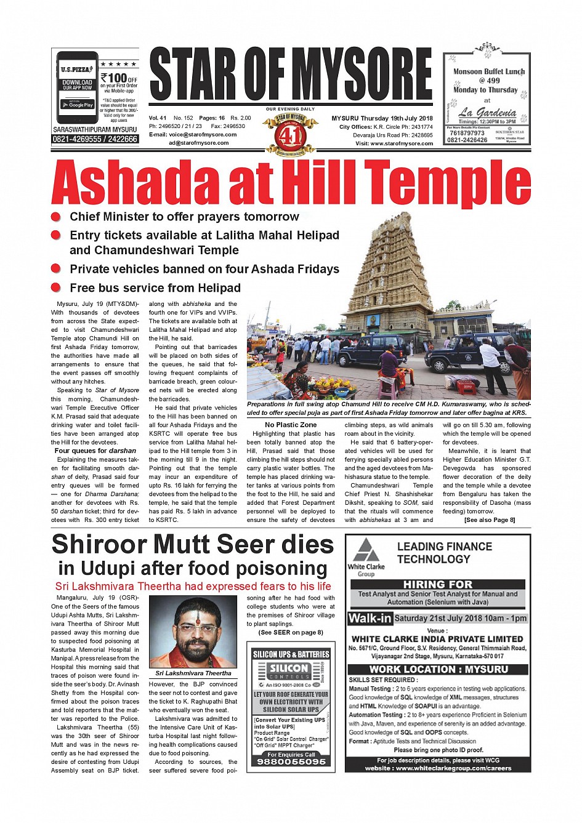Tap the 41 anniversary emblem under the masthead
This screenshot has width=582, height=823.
tap(290, 134)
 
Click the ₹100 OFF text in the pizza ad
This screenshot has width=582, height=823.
tap(118, 78)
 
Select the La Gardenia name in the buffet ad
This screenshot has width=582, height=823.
tap(487, 112)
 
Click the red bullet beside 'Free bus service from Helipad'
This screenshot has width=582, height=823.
tap(56, 287)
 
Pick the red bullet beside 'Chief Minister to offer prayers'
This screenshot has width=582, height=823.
tap(56, 217)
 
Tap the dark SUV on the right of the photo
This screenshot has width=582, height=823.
tap(468, 354)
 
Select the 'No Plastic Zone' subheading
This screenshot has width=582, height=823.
tap(291, 425)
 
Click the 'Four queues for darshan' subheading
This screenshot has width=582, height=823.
tap(95, 451)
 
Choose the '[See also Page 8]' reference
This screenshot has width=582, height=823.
tap(490, 520)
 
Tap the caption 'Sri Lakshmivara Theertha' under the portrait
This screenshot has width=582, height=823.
tap(193, 673)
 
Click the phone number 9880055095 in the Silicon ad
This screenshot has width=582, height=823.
tap(291, 761)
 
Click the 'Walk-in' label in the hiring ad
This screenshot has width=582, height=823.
tap(370, 619)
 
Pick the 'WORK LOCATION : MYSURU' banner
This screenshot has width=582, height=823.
tap(438, 669)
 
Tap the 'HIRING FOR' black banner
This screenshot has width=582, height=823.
tap(438, 584)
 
